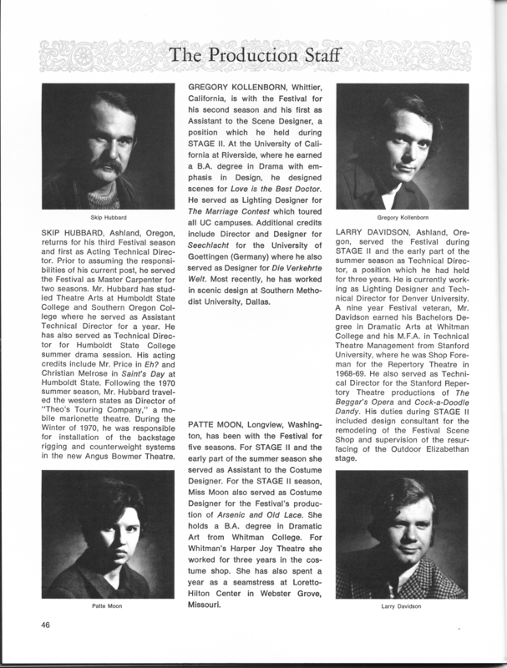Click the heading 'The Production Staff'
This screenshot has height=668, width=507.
tap(253, 56)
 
